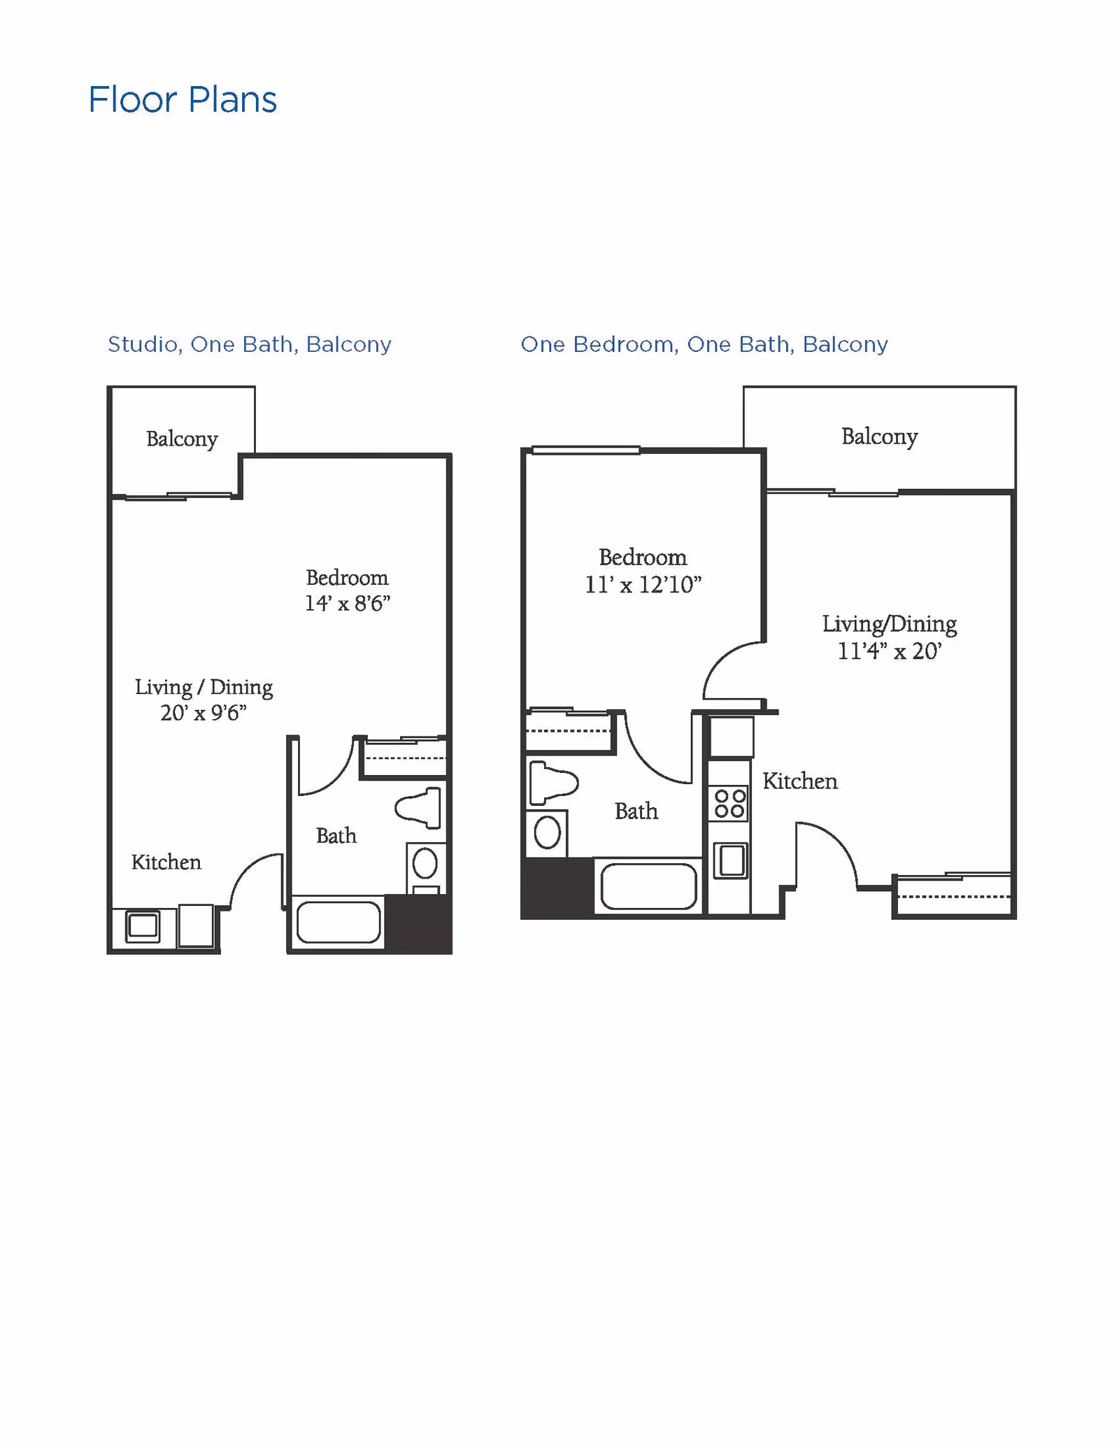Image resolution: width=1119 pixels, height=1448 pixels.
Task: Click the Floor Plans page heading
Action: click(x=183, y=100)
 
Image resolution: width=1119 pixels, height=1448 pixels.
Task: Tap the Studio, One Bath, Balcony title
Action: click(x=249, y=344)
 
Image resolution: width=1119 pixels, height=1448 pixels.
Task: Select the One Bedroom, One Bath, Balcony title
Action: click(x=704, y=344)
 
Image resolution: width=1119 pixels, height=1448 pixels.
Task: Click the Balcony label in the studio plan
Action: click(x=182, y=439)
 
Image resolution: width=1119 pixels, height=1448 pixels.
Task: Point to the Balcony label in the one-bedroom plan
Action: click(x=879, y=436)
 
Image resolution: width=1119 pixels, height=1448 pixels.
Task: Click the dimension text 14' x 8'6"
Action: click(x=347, y=603)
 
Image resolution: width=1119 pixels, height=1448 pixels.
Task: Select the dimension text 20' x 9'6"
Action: click(x=204, y=713)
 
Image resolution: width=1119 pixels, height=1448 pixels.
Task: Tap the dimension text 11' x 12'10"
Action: click(x=643, y=584)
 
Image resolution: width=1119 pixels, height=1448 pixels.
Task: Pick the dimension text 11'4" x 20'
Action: click(x=890, y=651)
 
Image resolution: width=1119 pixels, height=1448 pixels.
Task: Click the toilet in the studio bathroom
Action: click(x=420, y=807)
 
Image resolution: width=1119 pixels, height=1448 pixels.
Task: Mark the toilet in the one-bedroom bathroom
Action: click(x=553, y=783)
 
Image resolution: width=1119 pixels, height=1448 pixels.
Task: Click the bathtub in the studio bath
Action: click(x=338, y=922)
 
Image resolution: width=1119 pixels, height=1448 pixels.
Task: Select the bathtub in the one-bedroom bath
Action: click(x=648, y=886)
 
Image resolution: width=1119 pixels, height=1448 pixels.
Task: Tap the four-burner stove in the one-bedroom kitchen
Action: click(x=729, y=804)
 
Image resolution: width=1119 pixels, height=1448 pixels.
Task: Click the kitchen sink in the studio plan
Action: click(x=143, y=926)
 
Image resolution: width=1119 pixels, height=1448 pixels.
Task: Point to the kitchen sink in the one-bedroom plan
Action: click(x=731, y=860)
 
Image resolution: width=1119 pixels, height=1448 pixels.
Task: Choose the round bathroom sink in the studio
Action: click(x=425, y=864)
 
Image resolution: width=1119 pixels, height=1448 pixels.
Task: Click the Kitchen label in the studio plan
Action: click(x=166, y=862)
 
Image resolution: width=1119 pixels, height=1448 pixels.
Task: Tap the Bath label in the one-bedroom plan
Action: click(x=636, y=811)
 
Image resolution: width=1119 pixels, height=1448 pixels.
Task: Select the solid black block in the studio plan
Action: click(x=418, y=923)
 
